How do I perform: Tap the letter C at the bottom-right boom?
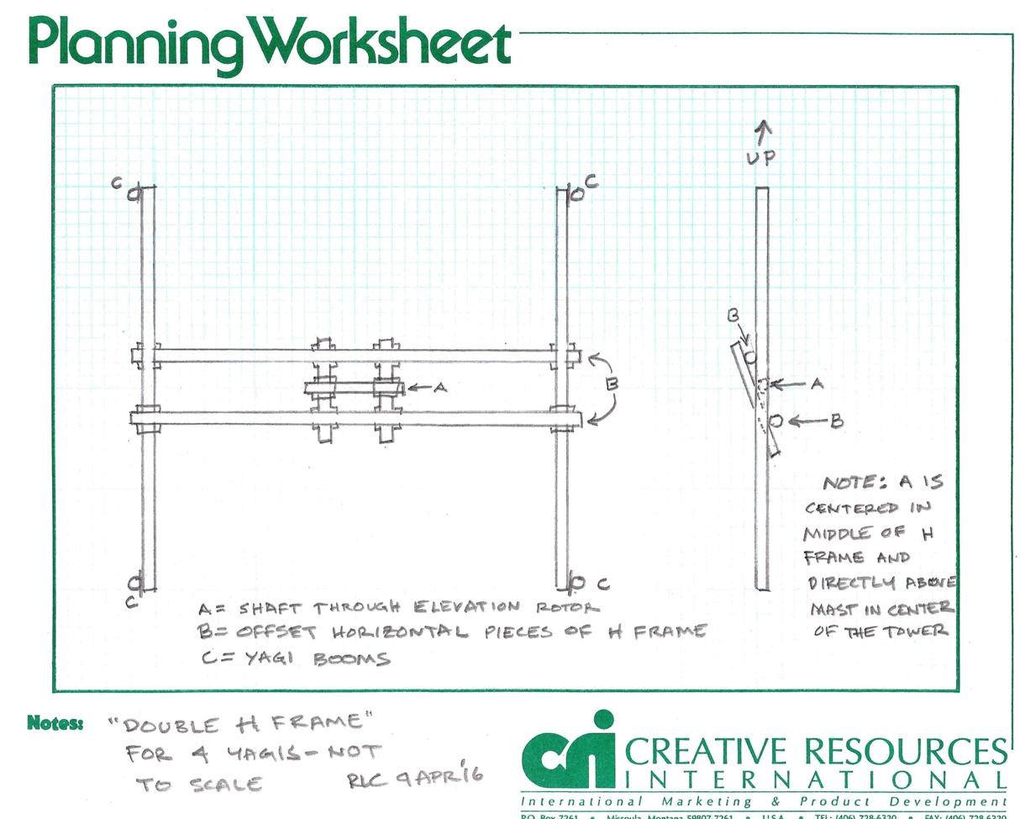(602, 584)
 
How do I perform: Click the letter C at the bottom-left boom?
(131, 602)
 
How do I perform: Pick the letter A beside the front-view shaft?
(439, 388)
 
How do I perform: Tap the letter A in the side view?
(815, 383)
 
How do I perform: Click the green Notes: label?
(55, 722)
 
